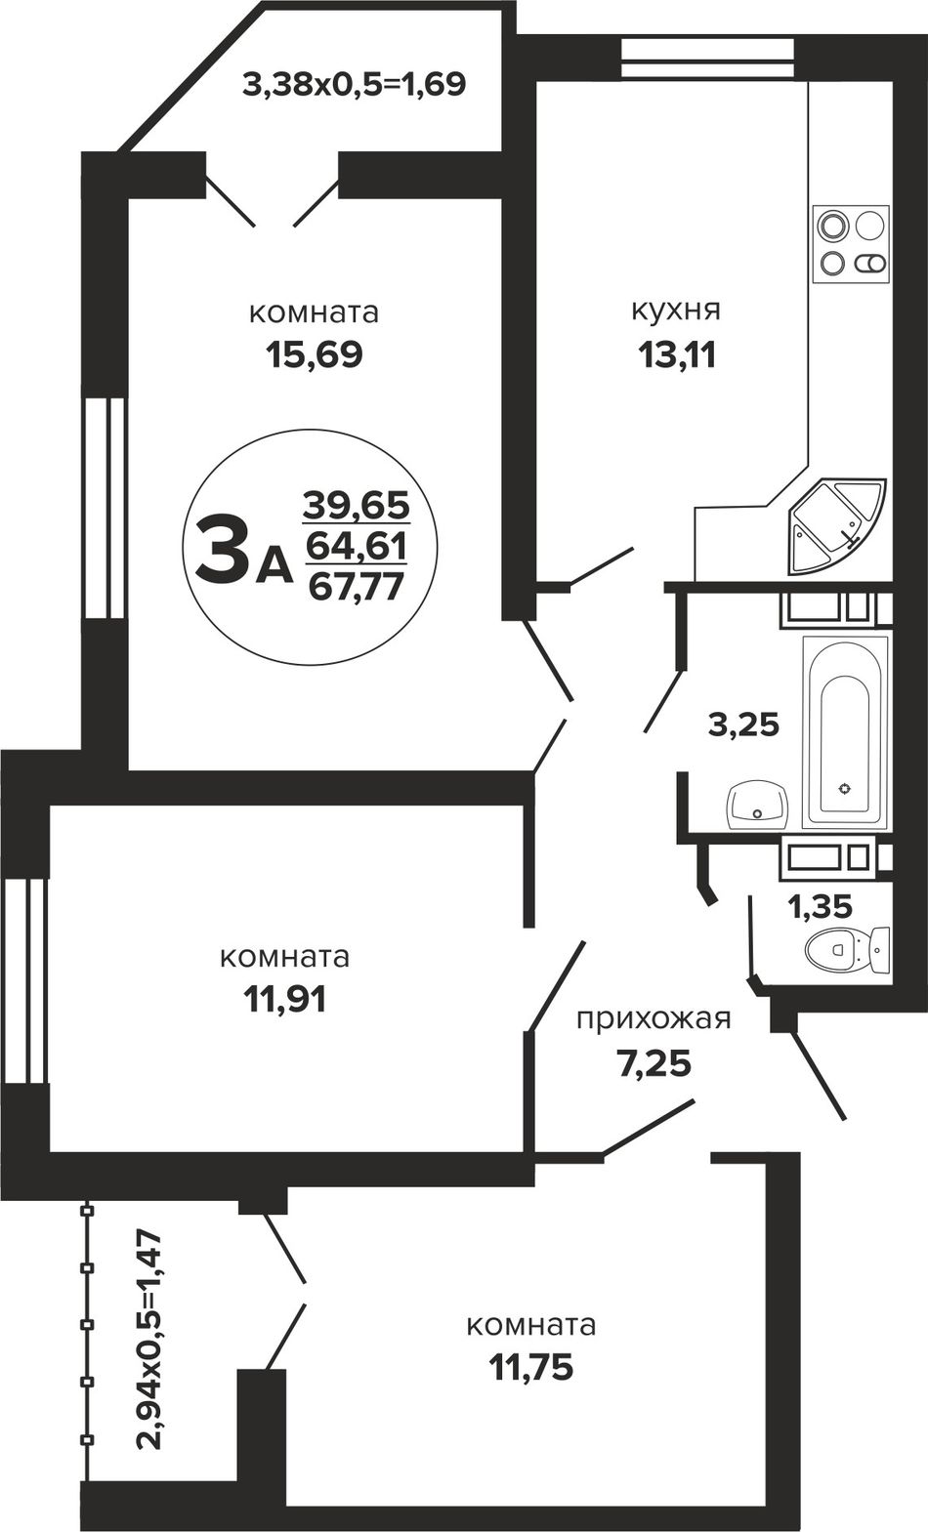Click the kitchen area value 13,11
677,355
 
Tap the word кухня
675,311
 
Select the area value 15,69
314,355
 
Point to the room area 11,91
285,1000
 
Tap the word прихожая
654,1019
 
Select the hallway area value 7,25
654,1064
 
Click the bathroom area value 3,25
744,725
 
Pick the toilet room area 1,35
820,907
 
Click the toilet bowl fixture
847,950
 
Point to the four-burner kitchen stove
852,244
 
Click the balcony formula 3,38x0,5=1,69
355,84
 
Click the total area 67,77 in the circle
356,586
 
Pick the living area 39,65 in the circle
357,506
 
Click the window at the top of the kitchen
707,60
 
